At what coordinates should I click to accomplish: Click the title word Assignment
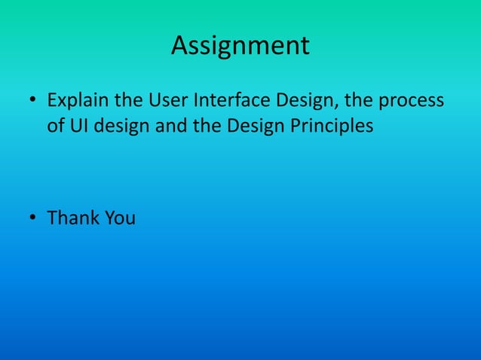240,46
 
